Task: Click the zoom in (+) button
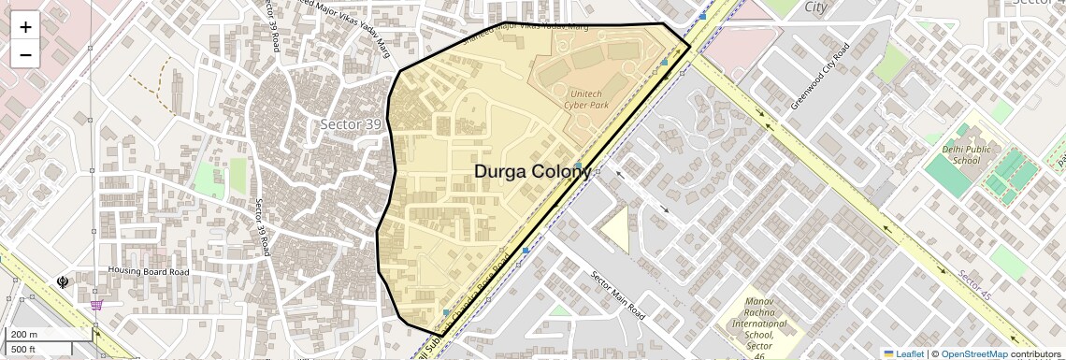coord(25,27)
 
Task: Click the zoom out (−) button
coord(25,54)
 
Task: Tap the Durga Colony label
coord(532,171)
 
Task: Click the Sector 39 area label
coord(351,124)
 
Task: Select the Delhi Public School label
coord(954,154)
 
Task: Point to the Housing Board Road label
coord(148,272)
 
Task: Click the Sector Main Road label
coord(617,295)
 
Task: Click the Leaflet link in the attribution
coord(903,353)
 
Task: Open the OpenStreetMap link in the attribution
coord(973,353)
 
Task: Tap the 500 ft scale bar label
coord(23,349)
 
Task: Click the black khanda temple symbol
coord(64,281)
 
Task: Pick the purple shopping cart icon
coord(96,304)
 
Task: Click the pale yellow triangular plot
coord(617,227)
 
